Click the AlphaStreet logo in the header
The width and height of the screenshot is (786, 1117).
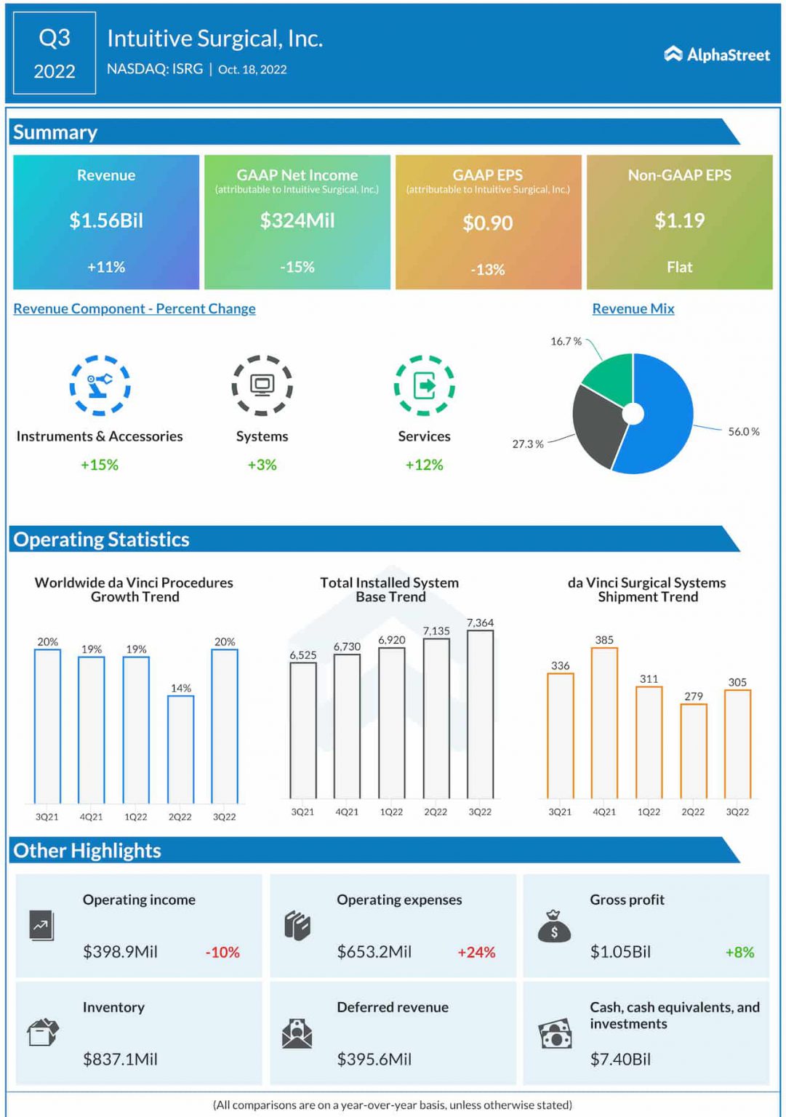716,55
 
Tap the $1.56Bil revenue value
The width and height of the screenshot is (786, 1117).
106,220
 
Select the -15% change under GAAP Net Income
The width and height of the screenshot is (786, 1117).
297,267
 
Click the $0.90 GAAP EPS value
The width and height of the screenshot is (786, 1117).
488,223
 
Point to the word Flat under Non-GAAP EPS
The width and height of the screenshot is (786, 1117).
679,267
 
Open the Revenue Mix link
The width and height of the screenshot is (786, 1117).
633,308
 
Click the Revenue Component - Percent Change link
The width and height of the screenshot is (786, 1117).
135,308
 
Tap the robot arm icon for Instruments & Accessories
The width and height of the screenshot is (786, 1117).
100,385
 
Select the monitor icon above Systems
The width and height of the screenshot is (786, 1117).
262,385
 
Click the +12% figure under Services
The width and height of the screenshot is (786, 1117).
424,465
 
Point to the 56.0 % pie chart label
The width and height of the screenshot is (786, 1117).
743,432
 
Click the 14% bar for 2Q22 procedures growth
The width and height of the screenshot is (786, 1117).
180,749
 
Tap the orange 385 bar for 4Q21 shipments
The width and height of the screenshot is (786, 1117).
604,723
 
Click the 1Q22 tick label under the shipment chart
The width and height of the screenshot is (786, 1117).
649,812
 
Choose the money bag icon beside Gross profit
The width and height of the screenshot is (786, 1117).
554,926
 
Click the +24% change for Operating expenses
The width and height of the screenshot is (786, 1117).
476,952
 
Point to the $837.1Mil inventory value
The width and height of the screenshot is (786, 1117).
120,1059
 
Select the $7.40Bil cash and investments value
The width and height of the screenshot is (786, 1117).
620,1059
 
